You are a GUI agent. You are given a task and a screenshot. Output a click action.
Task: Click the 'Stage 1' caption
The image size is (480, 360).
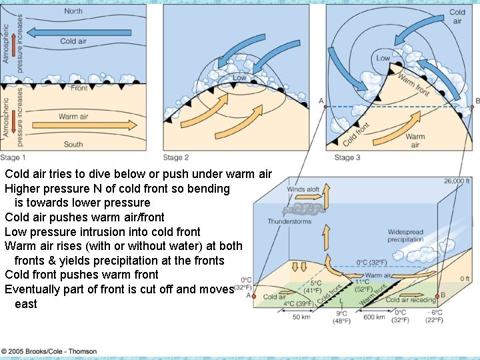[x=14, y=158]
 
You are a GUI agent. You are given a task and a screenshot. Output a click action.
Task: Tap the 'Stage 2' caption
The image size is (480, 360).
[x=177, y=158]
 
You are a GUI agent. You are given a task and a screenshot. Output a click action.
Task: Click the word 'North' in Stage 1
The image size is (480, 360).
[x=73, y=11]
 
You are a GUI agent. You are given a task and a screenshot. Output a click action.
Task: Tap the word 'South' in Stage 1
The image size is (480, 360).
[x=73, y=144]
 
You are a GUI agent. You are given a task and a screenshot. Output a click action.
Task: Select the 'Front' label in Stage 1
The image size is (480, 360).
[x=79, y=88]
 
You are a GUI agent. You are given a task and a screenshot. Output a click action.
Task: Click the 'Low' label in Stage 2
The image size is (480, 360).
[x=239, y=78]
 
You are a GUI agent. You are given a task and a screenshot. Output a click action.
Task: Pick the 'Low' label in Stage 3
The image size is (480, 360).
[x=383, y=59]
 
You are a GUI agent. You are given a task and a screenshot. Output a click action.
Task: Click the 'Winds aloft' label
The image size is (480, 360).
[x=303, y=189]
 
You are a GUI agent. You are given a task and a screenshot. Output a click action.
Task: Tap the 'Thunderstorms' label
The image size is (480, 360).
[x=289, y=221]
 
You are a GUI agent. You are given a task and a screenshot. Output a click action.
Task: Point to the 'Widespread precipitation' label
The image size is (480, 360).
[x=405, y=236]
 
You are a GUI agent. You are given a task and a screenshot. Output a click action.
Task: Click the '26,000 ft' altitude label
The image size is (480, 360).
[x=457, y=181]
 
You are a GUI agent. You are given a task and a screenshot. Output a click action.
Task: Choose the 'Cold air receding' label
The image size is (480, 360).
[x=411, y=299]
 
